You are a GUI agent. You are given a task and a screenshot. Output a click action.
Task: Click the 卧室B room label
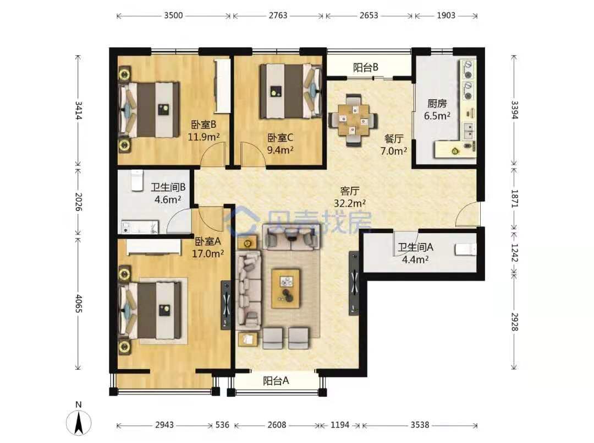tap(204, 125)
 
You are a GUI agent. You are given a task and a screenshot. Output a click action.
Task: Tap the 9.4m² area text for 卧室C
tap(280, 150)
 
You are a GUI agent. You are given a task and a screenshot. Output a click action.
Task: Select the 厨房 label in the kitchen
tap(437, 104)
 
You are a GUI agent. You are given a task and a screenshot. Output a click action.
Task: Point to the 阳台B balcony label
tap(366, 68)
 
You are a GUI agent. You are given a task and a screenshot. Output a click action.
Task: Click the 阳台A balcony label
tap(276, 380)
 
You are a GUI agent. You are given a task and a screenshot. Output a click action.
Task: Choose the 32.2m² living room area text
tap(350, 203)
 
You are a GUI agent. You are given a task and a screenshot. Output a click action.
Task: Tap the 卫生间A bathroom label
tap(415, 247)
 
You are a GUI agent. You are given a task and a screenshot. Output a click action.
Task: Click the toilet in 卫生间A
tap(466, 250)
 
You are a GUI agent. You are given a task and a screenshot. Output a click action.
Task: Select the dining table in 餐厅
tap(354, 120)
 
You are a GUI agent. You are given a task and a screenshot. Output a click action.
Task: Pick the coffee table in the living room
tap(286, 288)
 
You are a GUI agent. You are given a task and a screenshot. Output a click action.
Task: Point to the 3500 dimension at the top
tap(173, 15)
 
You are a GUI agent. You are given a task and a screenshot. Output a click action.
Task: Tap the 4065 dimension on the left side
tap(78, 304)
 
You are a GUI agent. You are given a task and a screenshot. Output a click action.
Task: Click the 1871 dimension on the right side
tap(514, 198)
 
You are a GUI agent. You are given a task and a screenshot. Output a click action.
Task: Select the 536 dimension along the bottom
tap(222, 425)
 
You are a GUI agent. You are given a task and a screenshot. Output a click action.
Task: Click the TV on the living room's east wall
tap(354, 283)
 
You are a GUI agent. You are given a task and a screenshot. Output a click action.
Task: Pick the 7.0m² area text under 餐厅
tap(394, 151)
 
